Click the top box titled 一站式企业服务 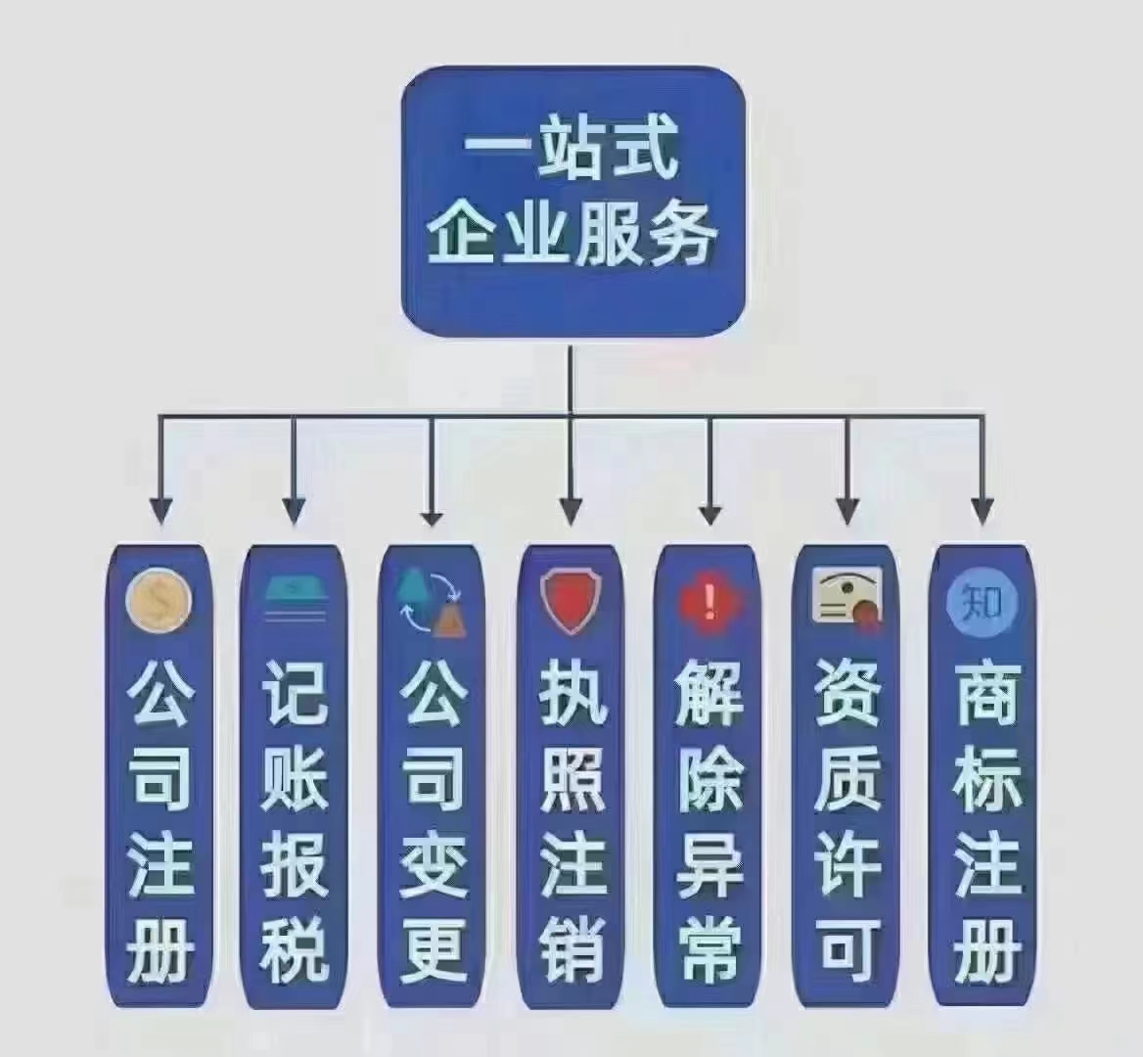pyautogui.click(x=572, y=202)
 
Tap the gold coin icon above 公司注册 pyautogui.click(x=160, y=602)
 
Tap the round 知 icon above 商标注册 pyautogui.click(x=982, y=601)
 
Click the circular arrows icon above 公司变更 pyautogui.click(x=431, y=601)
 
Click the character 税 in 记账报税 pyautogui.click(x=296, y=949)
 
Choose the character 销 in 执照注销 pyautogui.click(x=572, y=949)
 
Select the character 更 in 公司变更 pyautogui.click(x=433, y=949)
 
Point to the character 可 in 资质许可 pyautogui.click(x=848, y=949)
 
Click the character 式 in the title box pyautogui.click(x=643, y=150)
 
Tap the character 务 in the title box pyautogui.click(x=682, y=232)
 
